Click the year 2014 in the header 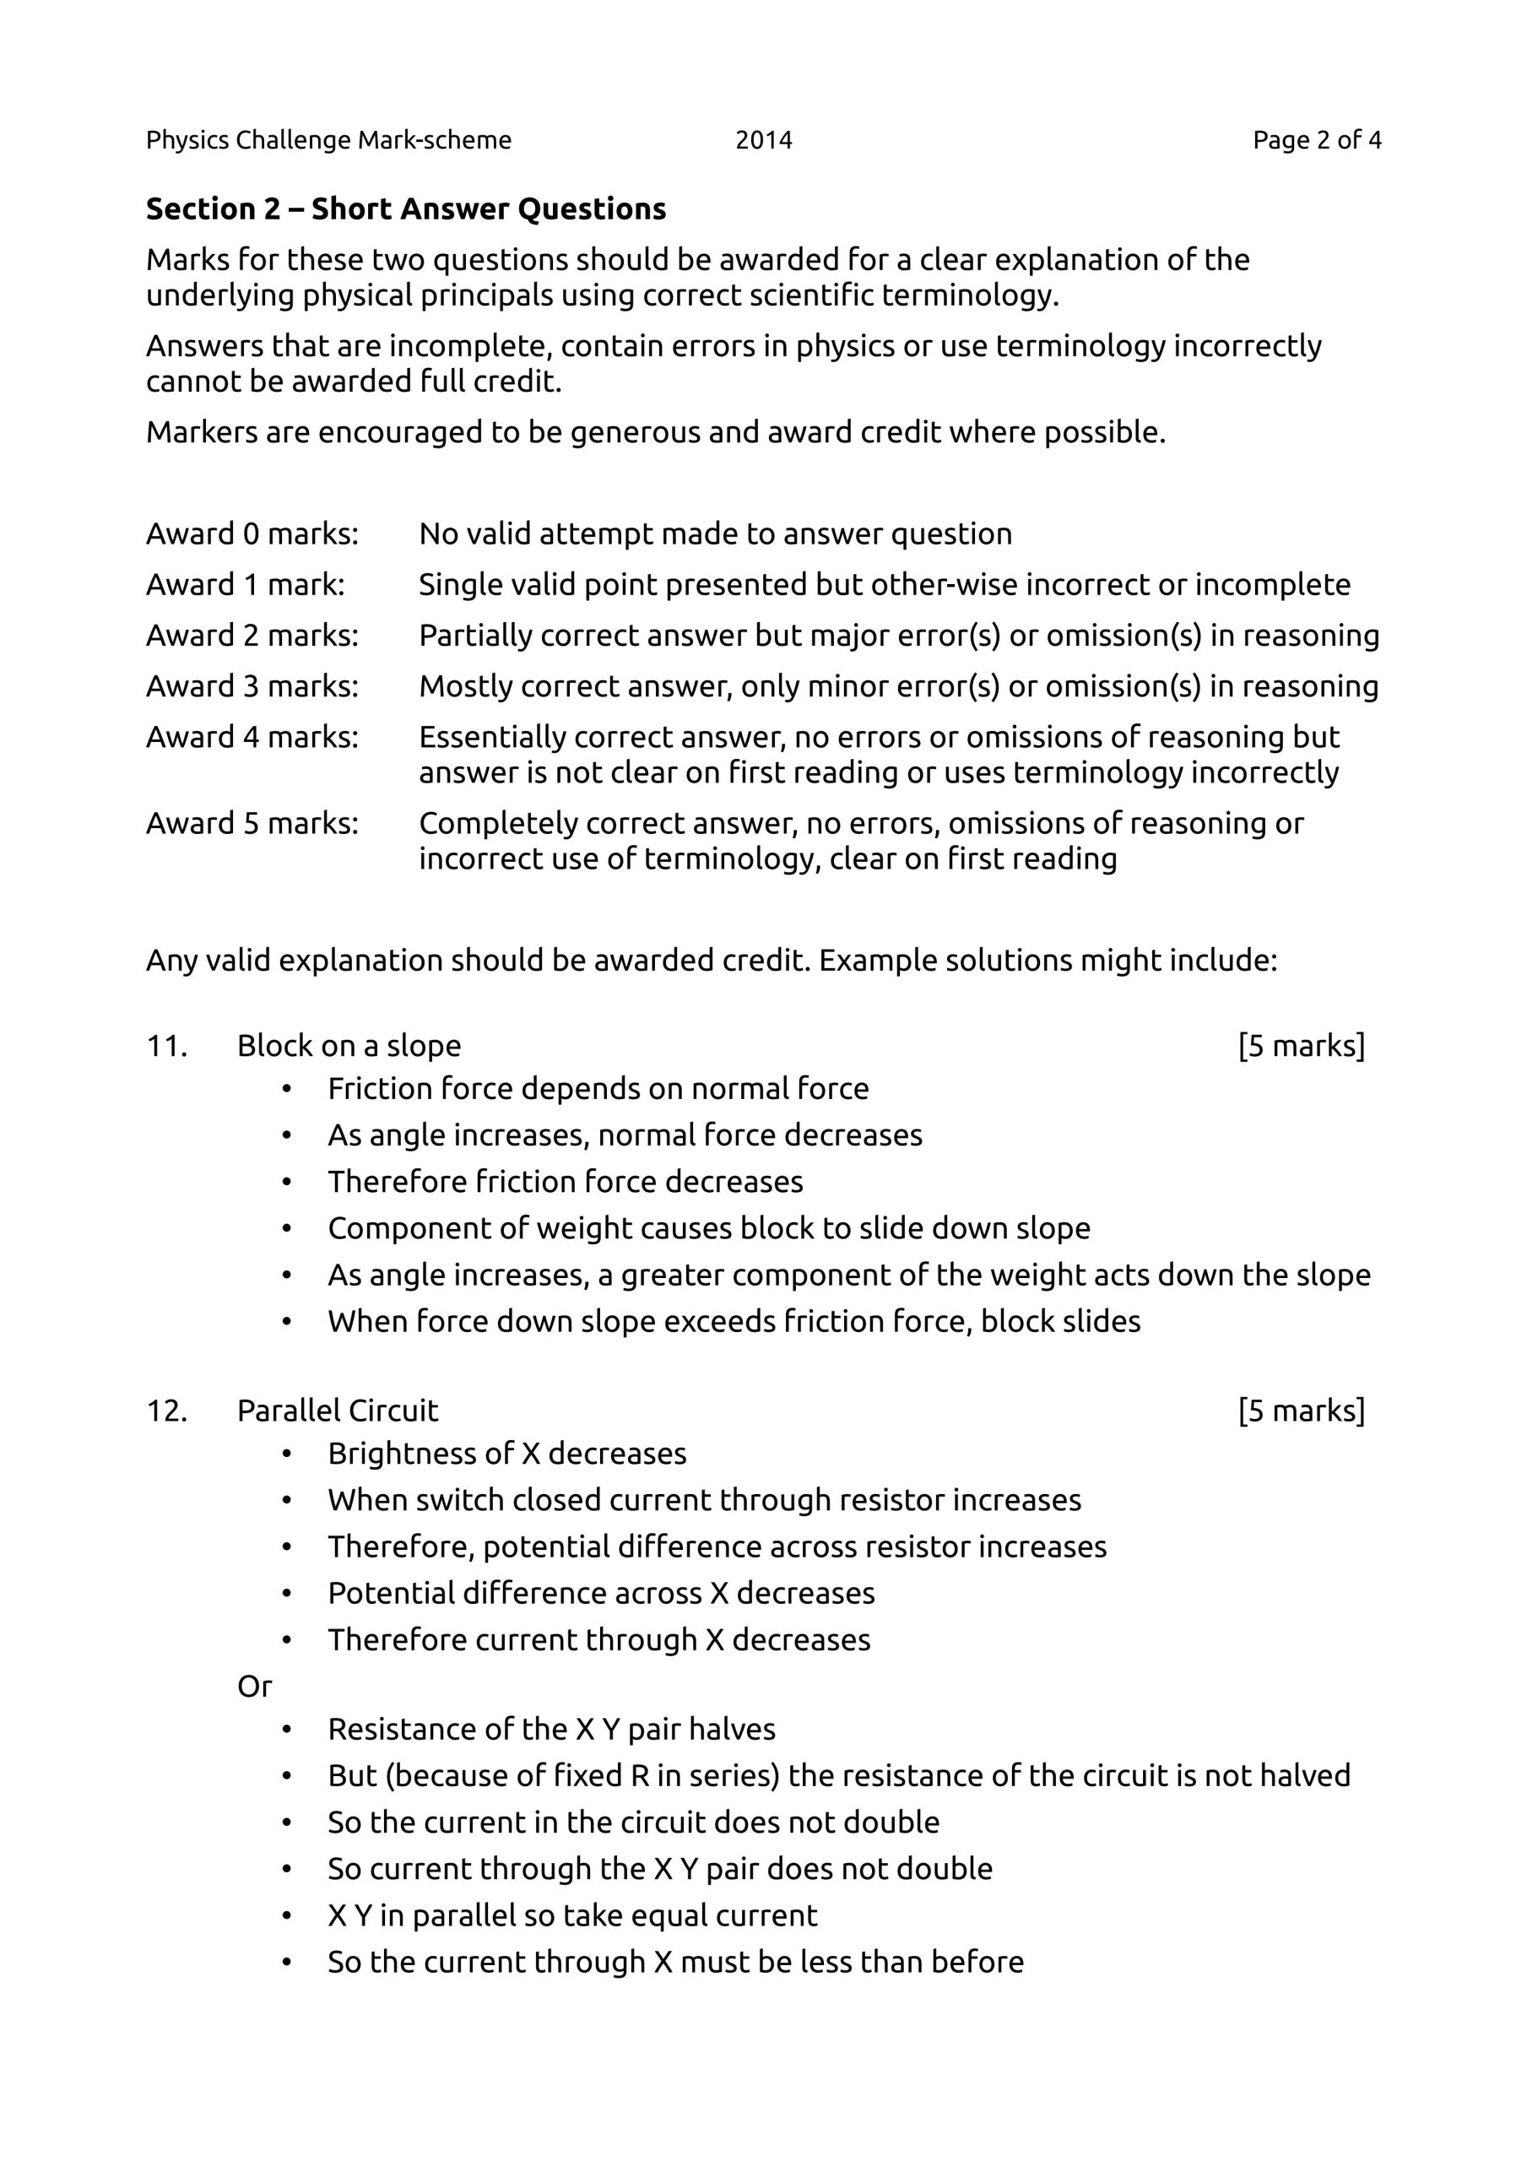point(763,140)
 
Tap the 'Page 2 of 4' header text point(1316,140)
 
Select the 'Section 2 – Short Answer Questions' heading point(406,209)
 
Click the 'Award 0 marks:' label point(252,533)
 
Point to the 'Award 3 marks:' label point(252,686)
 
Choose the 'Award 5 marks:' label point(252,824)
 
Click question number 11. point(166,1046)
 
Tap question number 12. point(166,1410)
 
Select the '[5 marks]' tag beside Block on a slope point(1301,1046)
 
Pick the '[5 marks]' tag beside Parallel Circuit point(1301,1410)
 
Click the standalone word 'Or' point(254,1686)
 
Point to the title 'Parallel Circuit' point(337,1410)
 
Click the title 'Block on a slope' point(349,1046)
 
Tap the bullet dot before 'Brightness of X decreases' point(286,1454)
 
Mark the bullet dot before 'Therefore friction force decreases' point(286,1182)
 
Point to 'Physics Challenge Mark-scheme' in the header point(328,140)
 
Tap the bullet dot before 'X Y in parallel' point(286,1915)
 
